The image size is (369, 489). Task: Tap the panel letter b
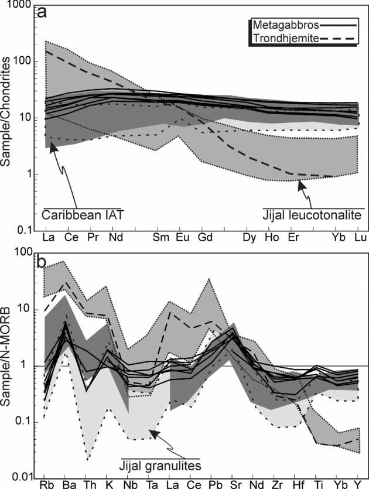point(42,259)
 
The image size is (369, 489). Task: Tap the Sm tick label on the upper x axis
point(159,239)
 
